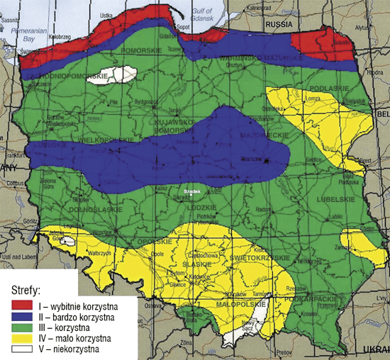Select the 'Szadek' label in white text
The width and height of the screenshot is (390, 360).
pos(194,191)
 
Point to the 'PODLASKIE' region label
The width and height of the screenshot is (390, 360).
pos(335,87)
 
